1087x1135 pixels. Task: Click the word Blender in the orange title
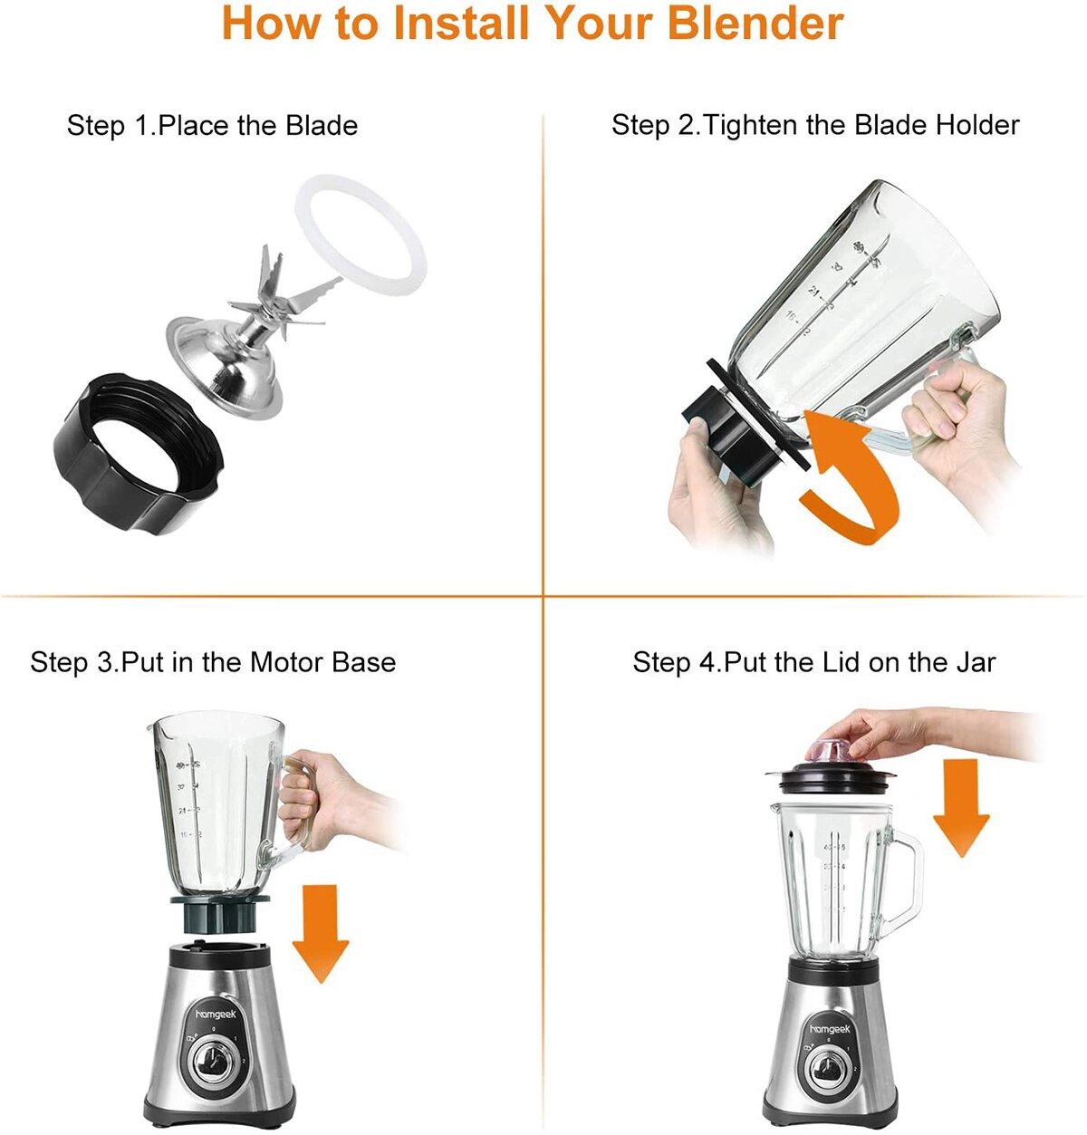click(755, 24)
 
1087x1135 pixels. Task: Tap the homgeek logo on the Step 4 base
click(830, 1028)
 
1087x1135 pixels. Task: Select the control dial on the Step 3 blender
click(215, 1065)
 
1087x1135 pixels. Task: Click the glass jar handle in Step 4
click(902, 883)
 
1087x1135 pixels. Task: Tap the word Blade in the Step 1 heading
click(322, 125)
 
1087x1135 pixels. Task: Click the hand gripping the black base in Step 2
click(716, 489)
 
